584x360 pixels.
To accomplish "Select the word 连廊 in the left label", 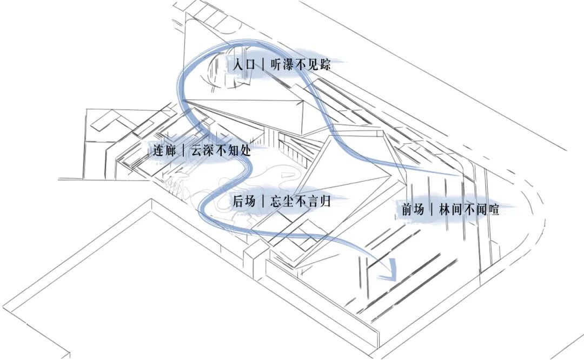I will point(164,151).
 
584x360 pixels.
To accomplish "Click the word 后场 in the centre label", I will point(244,202).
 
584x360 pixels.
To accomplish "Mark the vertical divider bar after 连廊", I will point(184,151).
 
